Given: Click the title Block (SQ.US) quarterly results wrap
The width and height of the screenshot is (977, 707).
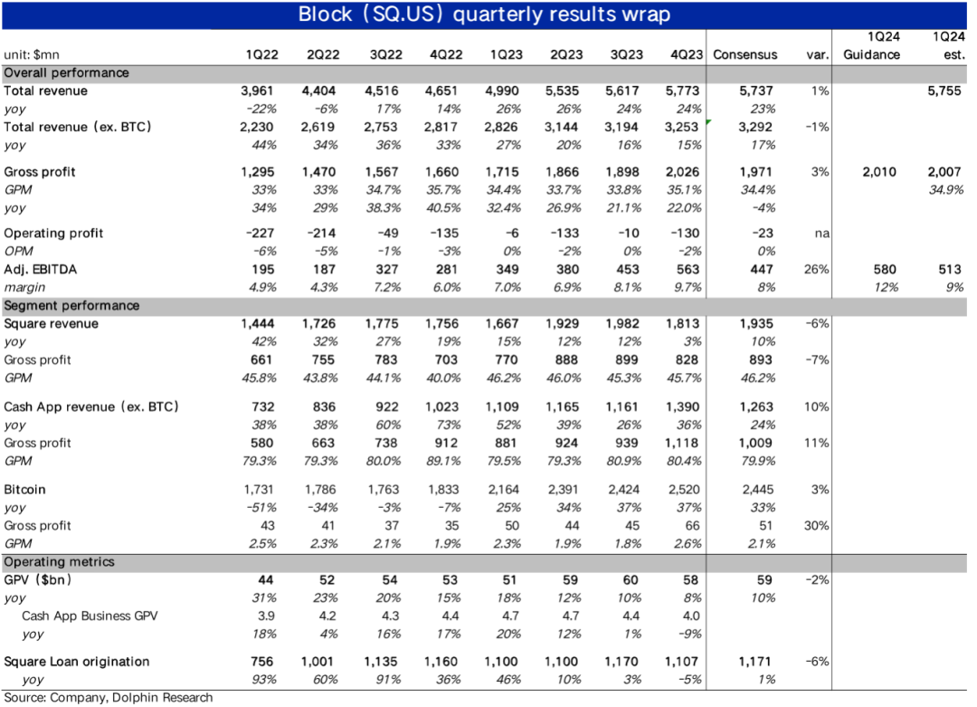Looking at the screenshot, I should [x=485, y=15].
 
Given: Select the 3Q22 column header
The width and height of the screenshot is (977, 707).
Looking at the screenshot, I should [x=387, y=54].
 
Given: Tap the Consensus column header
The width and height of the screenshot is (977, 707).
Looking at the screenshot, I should [x=745, y=54].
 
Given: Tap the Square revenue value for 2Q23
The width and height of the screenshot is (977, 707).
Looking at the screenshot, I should [x=566, y=324].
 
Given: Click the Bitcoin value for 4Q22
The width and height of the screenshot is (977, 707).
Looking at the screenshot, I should [x=444, y=490].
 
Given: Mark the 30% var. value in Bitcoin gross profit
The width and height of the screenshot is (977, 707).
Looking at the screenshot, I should [x=817, y=526].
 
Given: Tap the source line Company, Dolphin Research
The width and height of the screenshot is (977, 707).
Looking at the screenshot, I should [x=108, y=698].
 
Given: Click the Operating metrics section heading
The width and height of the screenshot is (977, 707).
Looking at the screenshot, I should [x=60, y=562].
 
